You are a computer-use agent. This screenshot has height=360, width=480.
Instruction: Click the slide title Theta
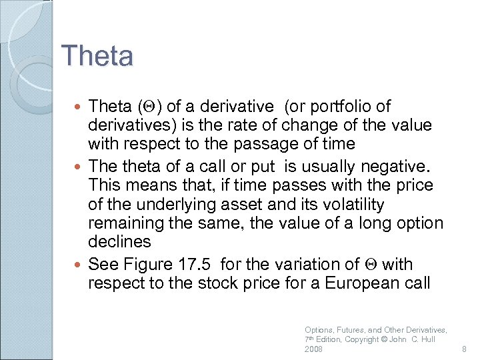click(97, 55)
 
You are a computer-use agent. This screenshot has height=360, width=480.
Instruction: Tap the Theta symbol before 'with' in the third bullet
click(373, 264)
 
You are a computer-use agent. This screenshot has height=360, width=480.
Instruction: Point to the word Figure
click(149, 264)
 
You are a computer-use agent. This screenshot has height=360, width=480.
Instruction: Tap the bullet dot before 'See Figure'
click(81, 264)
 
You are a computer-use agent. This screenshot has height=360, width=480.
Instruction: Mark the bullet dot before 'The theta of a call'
click(81, 167)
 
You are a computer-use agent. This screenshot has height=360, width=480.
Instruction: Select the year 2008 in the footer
click(313, 349)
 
